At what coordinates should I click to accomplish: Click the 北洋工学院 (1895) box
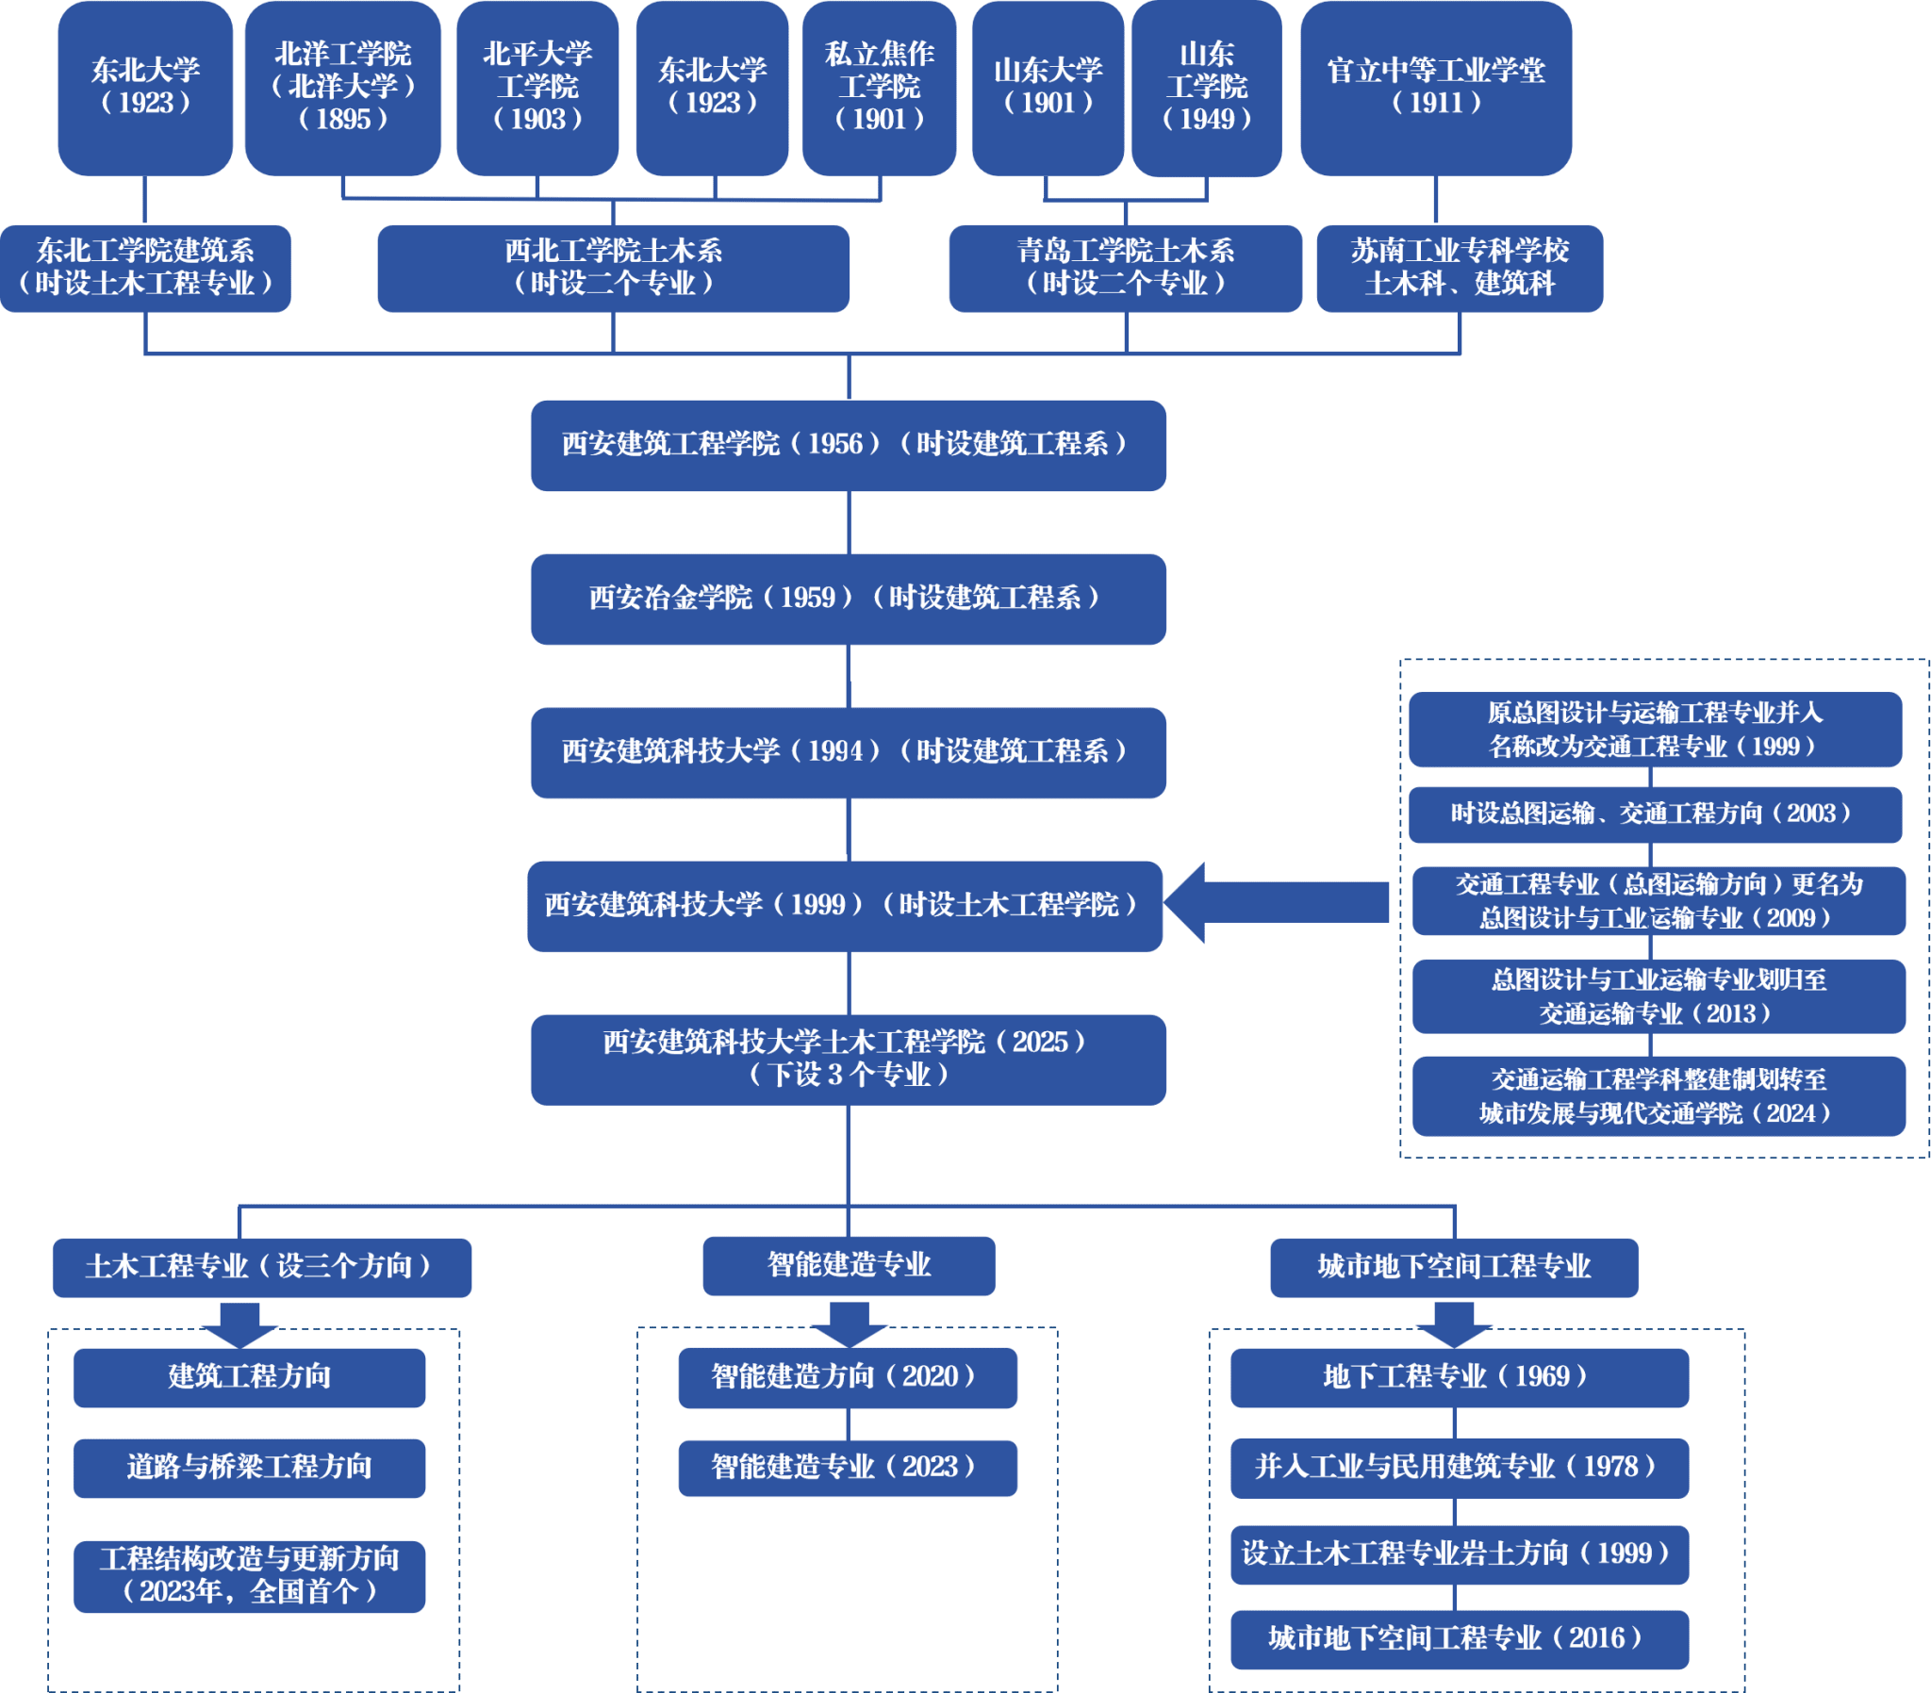pyautogui.click(x=343, y=87)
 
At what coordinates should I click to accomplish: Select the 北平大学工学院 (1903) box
pyautogui.click(x=536, y=87)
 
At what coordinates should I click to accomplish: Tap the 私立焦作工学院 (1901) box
pyautogui.click(x=879, y=87)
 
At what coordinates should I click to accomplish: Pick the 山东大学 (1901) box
pyautogui.click(x=1047, y=87)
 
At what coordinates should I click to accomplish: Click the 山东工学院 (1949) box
pyautogui.click(x=1206, y=87)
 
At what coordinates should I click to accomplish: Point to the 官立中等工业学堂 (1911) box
pyautogui.click(x=1435, y=87)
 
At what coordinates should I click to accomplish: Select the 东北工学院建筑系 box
pyautogui.click(x=145, y=268)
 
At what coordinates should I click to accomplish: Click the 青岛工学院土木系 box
pyautogui.click(x=1125, y=268)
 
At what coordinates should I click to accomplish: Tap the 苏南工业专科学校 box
pyautogui.click(x=1460, y=268)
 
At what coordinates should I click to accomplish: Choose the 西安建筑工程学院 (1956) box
pyautogui.click(x=848, y=445)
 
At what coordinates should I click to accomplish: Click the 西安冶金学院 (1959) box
pyautogui.click(x=848, y=599)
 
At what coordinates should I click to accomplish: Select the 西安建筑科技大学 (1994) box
pyautogui.click(x=848, y=752)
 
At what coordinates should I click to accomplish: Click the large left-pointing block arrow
pyautogui.click(x=1276, y=902)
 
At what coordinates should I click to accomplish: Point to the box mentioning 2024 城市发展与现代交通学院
pyautogui.click(x=1658, y=1096)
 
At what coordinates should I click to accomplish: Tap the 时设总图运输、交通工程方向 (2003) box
pyautogui.click(x=1654, y=814)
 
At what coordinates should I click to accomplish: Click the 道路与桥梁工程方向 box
pyautogui.click(x=250, y=1467)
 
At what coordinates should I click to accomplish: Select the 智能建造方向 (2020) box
pyautogui.click(x=848, y=1377)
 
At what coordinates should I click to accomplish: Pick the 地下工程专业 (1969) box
pyautogui.click(x=1459, y=1377)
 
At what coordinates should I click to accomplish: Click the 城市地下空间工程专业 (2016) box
pyautogui.click(x=1459, y=1639)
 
